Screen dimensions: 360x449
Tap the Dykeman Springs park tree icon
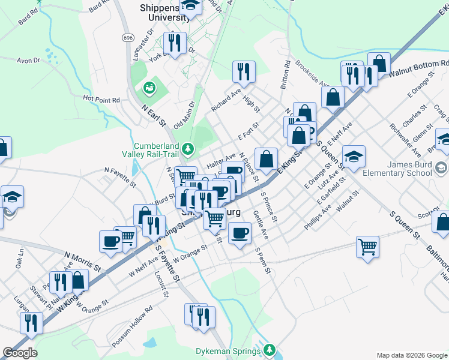point(270,349)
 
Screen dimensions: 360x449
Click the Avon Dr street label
point(28,61)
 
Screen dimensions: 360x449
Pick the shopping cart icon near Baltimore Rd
point(368,245)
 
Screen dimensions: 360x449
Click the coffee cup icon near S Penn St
point(240,232)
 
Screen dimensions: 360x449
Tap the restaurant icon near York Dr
point(175,43)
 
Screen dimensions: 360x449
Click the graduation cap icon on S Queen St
point(354,156)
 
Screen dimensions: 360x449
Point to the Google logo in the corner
point(20,353)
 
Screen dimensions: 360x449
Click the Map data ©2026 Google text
point(411,355)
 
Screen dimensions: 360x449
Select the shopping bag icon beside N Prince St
point(267,159)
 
